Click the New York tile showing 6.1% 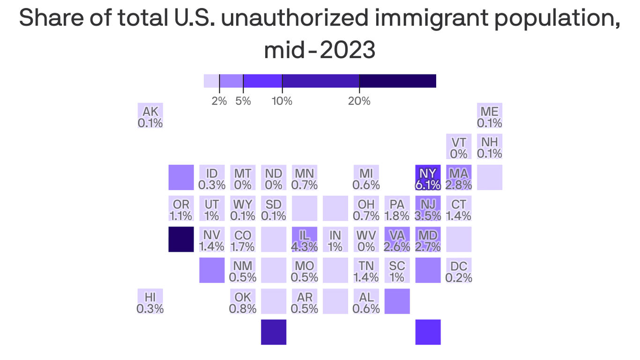(x=428, y=178)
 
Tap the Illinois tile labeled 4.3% (x=305, y=240)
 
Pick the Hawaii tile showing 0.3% (x=150, y=301)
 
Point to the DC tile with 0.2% (x=459, y=270)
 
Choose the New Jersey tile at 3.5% (x=428, y=209)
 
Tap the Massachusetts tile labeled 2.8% (x=459, y=178)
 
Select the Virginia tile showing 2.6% (x=397, y=240)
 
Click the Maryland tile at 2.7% (x=428, y=240)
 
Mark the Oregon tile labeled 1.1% (x=181, y=209)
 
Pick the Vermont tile (x=459, y=147)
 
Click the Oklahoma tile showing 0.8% (x=243, y=301)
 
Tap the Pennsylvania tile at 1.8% (x=397, y=209)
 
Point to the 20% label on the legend (x=359, y=101)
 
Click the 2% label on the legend (x=219, y=101)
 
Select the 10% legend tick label (x=282, y=101)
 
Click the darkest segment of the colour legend (x=397, y=81)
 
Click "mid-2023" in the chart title (x=320, y=50)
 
